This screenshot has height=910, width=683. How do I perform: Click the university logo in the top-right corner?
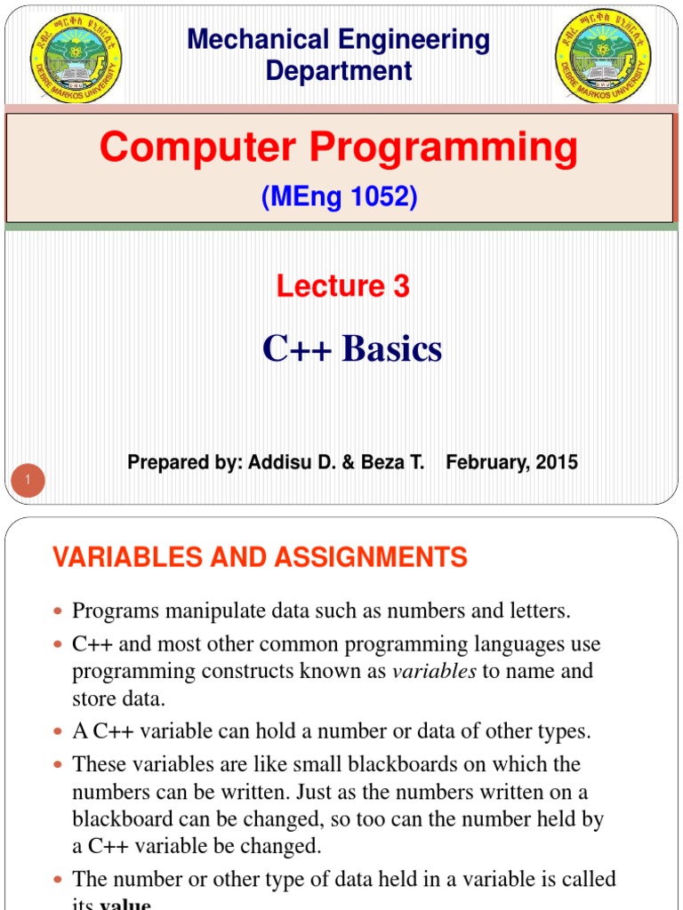pyautogui.click(x=602, y=56)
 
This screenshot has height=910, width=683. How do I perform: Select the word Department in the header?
pyautogui.click(x=339, y=71)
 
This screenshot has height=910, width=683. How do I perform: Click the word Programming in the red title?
pyautogui.click(x=452, y=147)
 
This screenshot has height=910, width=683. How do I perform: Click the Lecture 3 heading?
pyautogui.click(x=342, y=286)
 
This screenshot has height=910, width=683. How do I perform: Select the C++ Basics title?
pyautogui.click(x=352, y=349)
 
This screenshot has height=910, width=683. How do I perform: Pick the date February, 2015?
pyautogui.click(x=511, y=462)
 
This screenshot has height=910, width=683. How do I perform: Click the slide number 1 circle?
pyautogui.click(x=29, y=482)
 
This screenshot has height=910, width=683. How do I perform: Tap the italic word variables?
pyautogui.click(x=434, y=672)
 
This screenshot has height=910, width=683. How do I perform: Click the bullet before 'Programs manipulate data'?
pyautogui.click(x=59, y=612)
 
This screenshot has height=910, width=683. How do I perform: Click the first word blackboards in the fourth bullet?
pyautogui.click(x=413, y=764)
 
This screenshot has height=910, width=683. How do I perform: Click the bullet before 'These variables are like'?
pyautogui.click(x=59, y=765)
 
